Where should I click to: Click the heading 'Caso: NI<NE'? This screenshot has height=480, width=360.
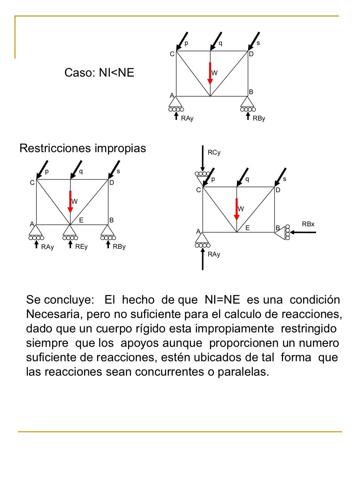99,73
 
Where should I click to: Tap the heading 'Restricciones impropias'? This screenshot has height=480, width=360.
83,148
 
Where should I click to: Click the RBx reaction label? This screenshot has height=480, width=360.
308,224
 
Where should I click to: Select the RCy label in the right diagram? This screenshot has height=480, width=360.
214,153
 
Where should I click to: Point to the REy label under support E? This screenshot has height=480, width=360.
81,247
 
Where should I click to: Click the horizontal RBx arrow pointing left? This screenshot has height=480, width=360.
303,232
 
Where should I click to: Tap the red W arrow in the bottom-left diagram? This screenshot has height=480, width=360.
70,202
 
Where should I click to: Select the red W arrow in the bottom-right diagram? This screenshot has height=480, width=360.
237,209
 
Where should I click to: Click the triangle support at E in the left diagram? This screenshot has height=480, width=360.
70,231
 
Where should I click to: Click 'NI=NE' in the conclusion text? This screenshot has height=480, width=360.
222,300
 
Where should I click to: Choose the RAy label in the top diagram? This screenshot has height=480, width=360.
187,118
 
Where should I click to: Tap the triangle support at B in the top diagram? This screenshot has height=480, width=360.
247,102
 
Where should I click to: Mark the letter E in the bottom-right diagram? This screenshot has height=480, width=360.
247,228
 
